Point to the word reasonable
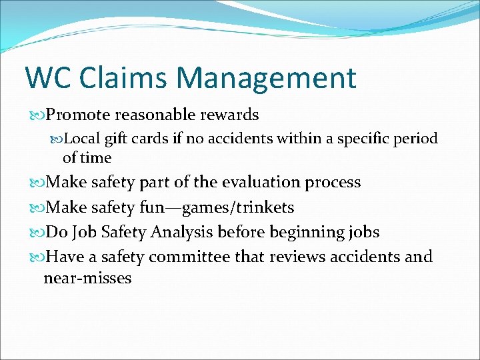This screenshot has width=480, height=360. (x=159, y=115)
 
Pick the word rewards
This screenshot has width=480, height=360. (x=232, y=115)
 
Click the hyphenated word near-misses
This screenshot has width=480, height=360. (x=87, y=278)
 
